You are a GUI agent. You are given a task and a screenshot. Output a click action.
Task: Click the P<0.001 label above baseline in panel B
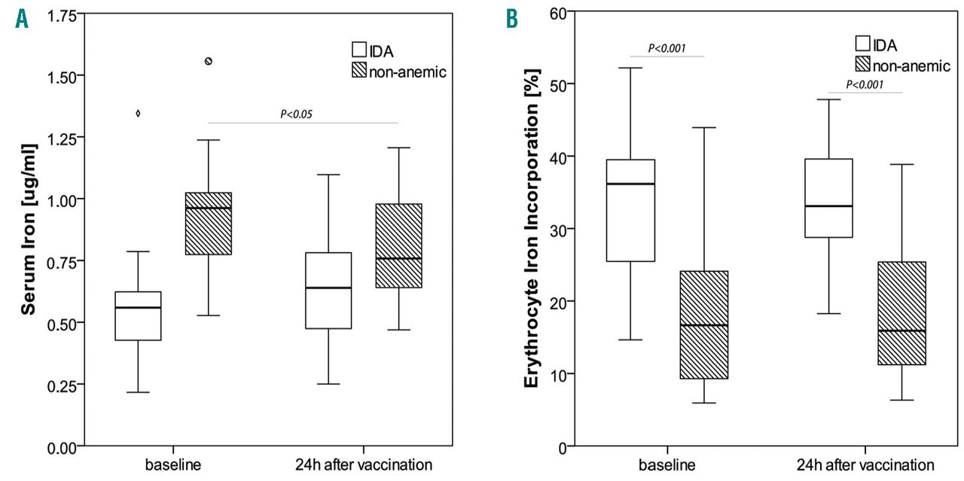(667, 48)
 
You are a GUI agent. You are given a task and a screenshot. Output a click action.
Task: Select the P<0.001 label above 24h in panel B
(866, 84)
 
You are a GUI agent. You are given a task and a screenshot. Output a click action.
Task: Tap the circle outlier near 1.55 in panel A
(209, 61)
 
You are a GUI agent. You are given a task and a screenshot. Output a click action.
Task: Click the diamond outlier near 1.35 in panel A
(137, 114)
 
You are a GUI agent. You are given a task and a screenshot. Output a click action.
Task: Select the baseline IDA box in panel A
(138, 315)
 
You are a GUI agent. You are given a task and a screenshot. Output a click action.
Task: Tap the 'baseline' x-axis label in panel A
(172, 462)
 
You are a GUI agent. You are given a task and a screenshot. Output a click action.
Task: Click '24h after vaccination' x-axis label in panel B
(865, 463)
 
